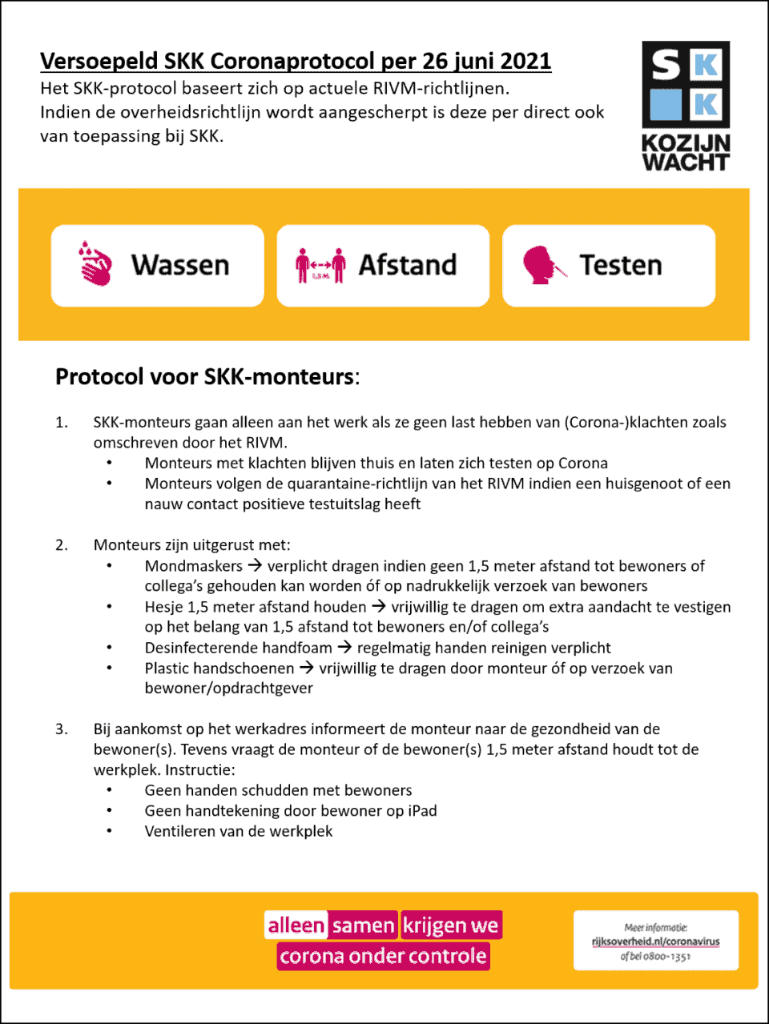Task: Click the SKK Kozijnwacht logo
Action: pyautogui.click(x=686, y=106)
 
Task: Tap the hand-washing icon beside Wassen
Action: pyautogui.click(x=95, y=263)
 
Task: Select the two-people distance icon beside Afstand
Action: pyautogui.click(x=320, y=265)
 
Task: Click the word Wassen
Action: pyautogui.click(x=180, y=265)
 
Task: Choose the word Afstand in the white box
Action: pyautogui.click(x=407, y=265)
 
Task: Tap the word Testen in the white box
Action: pyautogui.click(x=621, y=265)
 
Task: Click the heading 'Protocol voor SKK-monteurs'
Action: pyautogui.click(x=207, y=376)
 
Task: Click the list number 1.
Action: pyautogui.click(x=61, y=423)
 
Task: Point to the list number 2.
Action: pyautogui.click(x=61, y=545)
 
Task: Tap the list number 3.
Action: pyautogui.click(x=61, y=729)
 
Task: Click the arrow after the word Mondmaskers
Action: pyautogui.click(x=255, y=565)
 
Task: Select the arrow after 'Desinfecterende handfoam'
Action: pyautogui.click(x=344, y=647)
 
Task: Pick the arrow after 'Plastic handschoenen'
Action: pyautogui.click(x=307, y=668)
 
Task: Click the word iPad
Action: pyautogui.click(x=422, y=811)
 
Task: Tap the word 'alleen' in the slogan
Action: pyautogui.click(x=296, y=926)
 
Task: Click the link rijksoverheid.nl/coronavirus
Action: pyautogui.click(x=655, y=942)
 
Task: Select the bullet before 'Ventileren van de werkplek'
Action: pyautogui.click(x=110, y=832)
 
